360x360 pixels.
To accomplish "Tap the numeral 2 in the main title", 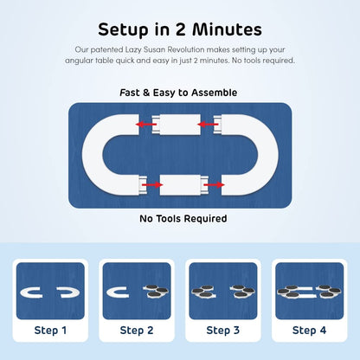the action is [x=180, y=29].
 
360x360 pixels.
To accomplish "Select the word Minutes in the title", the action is [x=227, y=29].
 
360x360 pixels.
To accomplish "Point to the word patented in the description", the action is [x=106, y=49].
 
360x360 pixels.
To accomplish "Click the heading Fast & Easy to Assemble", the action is [x=178, y=93].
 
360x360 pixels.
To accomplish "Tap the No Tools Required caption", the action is [x=183, y=218].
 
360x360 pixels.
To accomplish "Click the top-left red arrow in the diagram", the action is [x=146, y=125].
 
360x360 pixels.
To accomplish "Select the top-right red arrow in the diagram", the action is [x=208, y=125].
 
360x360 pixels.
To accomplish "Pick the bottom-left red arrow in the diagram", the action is [x=152, y=184].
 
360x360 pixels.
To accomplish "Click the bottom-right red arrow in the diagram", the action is [x=215, y=184].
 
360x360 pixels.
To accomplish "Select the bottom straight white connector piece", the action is [x=184, y=184].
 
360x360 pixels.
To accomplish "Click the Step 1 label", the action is [x=50, y=331].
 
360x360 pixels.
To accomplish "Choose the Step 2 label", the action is [x=137, y=331].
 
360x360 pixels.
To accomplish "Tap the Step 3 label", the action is [x=223, y=331].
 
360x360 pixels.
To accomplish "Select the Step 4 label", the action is [x=309, y=331].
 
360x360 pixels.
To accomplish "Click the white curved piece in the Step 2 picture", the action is [x=109, y=292].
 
